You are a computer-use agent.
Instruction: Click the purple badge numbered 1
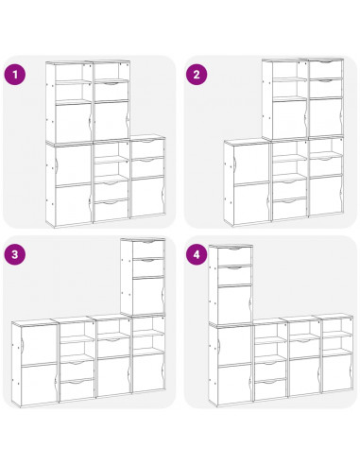15,75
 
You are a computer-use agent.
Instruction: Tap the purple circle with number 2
197,75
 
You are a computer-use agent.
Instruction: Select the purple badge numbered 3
15,254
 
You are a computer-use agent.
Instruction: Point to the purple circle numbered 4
197,254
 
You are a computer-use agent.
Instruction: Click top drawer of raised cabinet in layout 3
148,250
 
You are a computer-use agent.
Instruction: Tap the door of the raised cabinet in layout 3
148,295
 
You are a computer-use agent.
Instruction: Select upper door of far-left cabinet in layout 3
38,344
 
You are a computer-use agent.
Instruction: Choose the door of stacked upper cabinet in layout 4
234,304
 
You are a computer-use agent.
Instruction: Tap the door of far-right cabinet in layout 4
336,372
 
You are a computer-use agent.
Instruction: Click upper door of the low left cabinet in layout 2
251,164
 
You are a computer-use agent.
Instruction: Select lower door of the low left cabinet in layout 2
251,203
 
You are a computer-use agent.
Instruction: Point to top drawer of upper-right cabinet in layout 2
326,69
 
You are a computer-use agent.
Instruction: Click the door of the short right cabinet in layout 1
147,197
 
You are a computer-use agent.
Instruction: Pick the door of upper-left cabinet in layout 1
74,122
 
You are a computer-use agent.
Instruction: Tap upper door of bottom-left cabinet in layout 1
74,164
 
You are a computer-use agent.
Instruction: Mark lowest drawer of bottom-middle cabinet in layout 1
111,210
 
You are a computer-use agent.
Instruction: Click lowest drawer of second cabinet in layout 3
77,389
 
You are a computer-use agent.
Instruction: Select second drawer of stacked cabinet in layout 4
234,275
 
